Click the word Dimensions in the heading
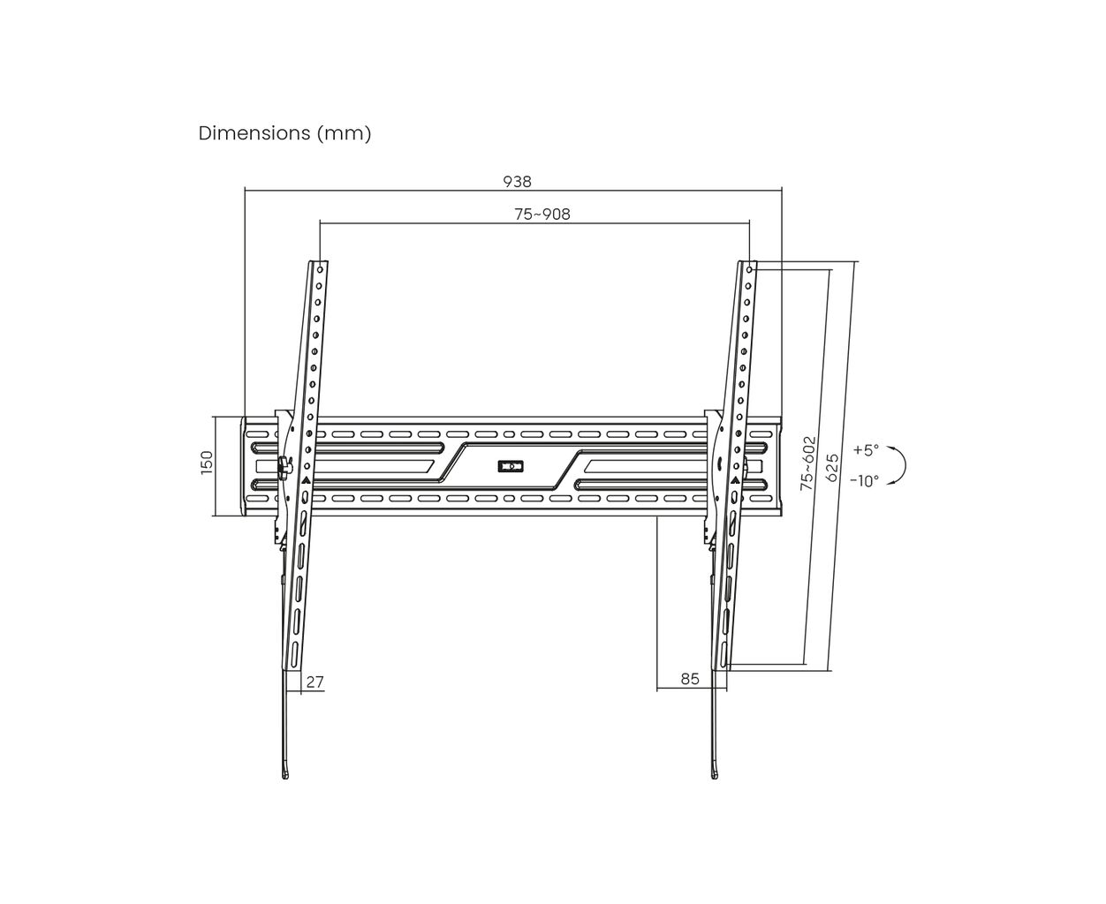[x=251, y=133]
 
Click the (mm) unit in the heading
[x=344, y=133]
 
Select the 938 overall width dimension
[x=517, y=181]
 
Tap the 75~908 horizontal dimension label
[x=542, y=214]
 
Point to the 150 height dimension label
[x=207, y=463]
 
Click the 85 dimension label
[x=690, y=679]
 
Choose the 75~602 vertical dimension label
[x=807, y=463]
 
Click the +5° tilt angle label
[x=866, y=449]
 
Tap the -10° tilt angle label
[x=864, y=481]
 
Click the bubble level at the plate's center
[x=511, y=464]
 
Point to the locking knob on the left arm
[x=284, y=466]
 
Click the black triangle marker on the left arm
[x=306, y=480]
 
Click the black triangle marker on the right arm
[x=732, y=480]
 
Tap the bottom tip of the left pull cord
[x=284, y=775]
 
